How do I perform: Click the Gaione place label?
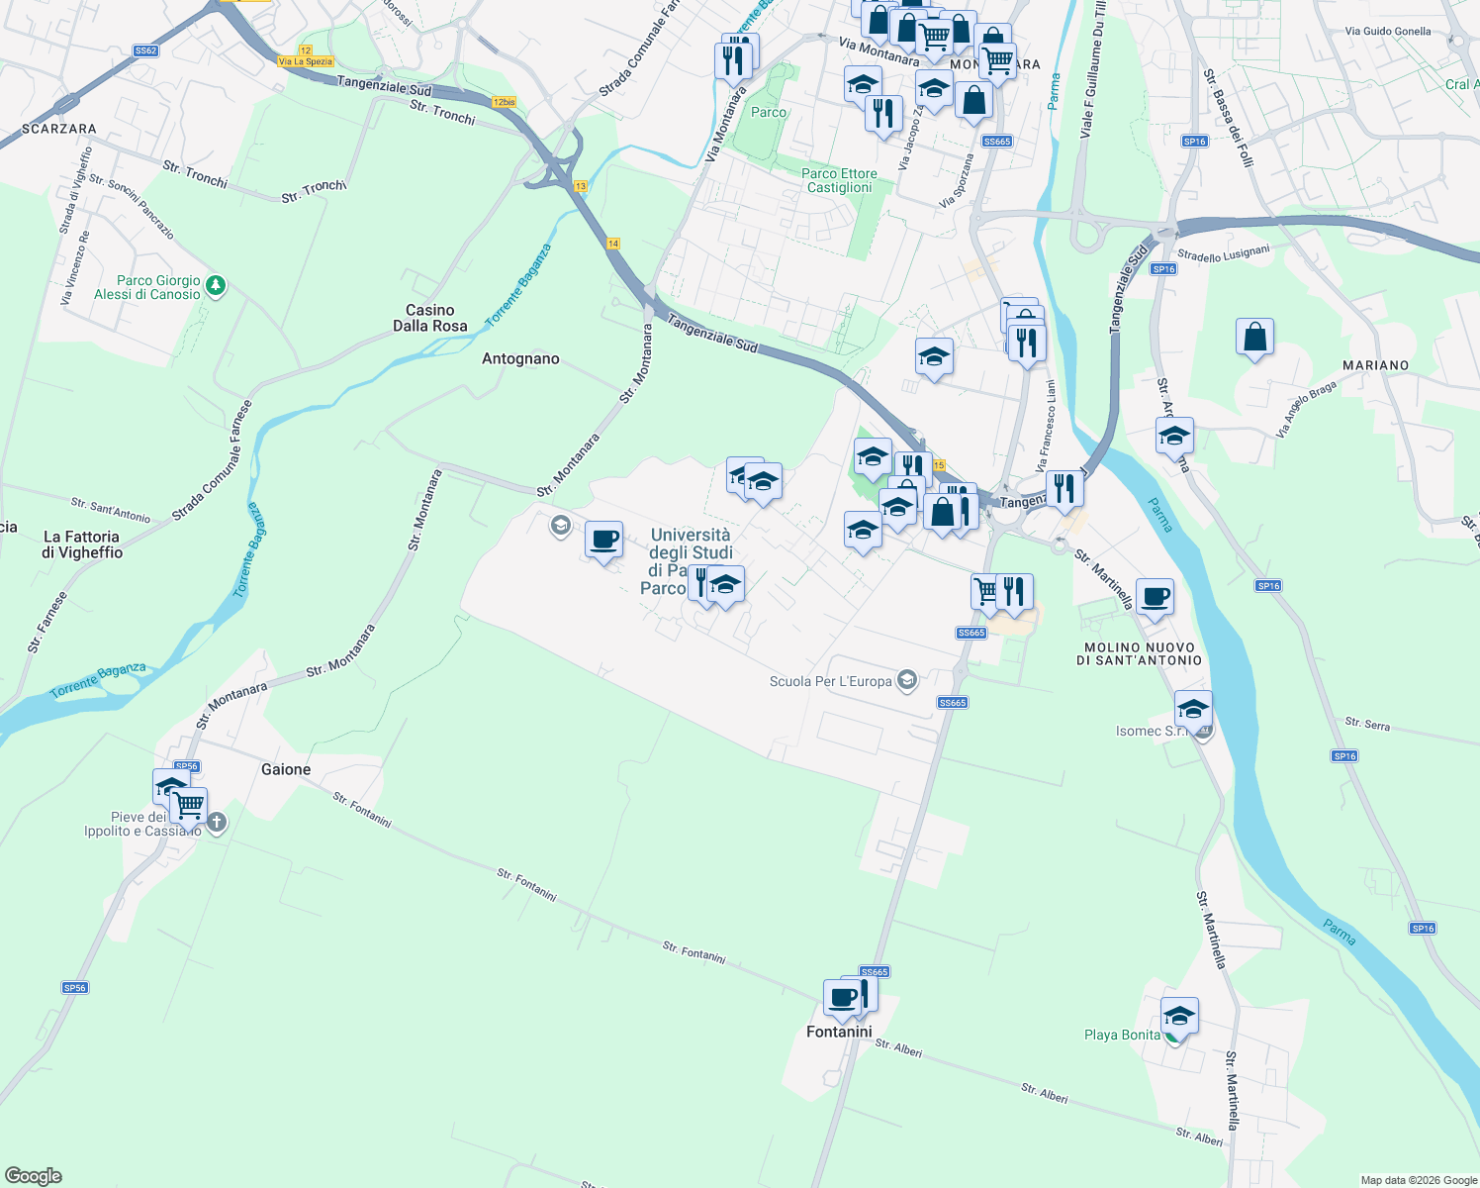tap(286, 769)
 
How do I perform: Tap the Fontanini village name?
tap(839, 1032)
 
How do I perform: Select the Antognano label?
tap(520, 358)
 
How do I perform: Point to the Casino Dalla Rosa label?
tap(430, 318)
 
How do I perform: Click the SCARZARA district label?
tap(59, 129)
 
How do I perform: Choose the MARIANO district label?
tap(1375, 365)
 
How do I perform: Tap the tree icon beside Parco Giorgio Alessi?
tap(216, 286)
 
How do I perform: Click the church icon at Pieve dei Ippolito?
tap(217, 822)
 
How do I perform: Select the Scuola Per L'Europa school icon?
tap(906, 680)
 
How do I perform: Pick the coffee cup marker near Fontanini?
tap(842, 997)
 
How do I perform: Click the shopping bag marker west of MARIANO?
tap(1254, 338)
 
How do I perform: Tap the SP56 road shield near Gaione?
tap(186, 766)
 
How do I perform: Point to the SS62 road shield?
tap(145, 50)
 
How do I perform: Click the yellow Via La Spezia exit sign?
tap(306, 61)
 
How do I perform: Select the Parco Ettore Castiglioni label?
tap(839, 180)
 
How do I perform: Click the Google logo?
tap(34, 1176)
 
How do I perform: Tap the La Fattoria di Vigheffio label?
tap(81, 544)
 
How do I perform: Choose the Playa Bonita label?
tap(1122, 1035)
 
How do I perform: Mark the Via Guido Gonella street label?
tap(1387, 32)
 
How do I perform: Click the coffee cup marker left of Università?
tap(603, 540)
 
